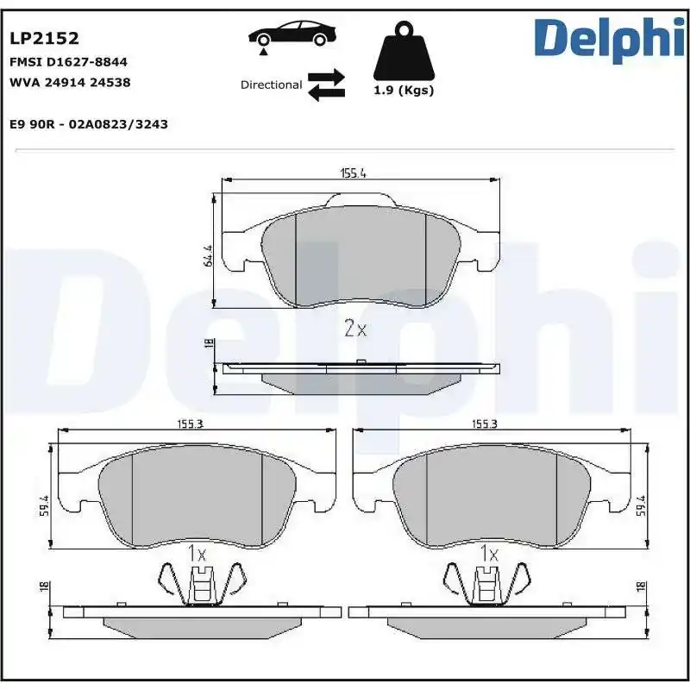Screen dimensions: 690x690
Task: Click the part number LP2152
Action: [x=44, y=38]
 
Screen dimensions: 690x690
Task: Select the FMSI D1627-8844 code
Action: [x=68, y=62]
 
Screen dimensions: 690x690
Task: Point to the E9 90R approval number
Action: [x=88, y=124]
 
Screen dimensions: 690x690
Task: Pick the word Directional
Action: [x=271, y=85]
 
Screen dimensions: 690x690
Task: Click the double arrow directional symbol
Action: [x=327, y=85]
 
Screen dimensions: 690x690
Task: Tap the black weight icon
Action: [x=402, y=53]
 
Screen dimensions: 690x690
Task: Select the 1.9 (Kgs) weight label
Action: [x=403, y=91]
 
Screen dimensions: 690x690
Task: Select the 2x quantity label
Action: [x=355, y=329]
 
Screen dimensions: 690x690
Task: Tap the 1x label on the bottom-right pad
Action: [x=490, y=553]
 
